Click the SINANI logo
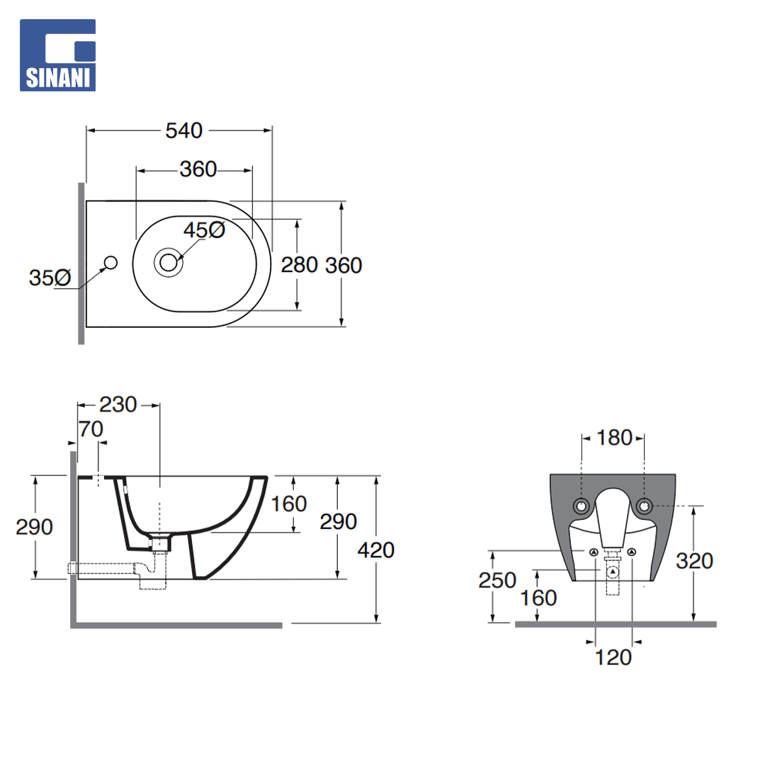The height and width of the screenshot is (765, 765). click(x=57, y=55)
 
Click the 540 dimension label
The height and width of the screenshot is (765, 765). click(x=184, y=131)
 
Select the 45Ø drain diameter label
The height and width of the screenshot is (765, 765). click(x=205, y=229)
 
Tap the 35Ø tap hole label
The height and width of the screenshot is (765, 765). click(x=50, y=278)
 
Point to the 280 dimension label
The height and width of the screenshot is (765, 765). click(x=300, y=265)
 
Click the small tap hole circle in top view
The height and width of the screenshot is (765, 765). click(x=110, y=263)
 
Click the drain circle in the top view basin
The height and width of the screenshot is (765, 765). click(x=169, y=263)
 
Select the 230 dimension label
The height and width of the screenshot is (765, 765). click(x=118, y=404)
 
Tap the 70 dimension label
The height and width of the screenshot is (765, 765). click(x=91, y=429)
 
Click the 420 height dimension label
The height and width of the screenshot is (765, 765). click(x=375, y=550)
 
